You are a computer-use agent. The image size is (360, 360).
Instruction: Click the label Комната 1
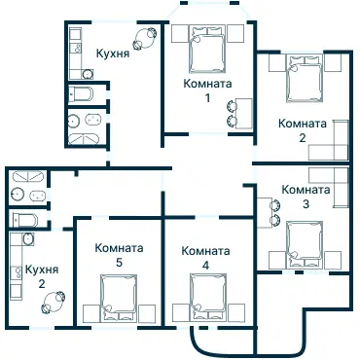coord(207,91)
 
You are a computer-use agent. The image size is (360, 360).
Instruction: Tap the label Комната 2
coord(301,129)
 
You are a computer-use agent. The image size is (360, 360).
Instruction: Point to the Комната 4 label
coord(205,257)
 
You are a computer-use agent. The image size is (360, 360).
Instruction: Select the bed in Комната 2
coord(304,78)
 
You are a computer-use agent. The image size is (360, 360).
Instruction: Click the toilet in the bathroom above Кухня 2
coord(26,220)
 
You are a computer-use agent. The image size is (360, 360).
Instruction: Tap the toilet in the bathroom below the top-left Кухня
coord(82,95)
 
